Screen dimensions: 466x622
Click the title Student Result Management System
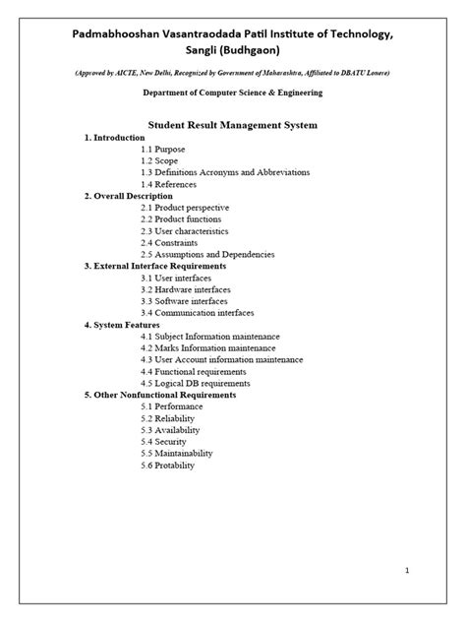(232, 126)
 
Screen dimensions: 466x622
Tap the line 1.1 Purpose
(163, 149)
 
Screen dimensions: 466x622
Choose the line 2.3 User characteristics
(184, 231)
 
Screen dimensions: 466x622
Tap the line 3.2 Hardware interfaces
(186, 289)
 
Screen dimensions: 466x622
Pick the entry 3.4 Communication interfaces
(197, 313)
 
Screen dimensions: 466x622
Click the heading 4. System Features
(124, 325)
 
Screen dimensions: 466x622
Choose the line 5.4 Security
(163, 442)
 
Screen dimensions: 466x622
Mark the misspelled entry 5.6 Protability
(169, 465)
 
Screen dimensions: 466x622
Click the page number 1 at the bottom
(434, 571)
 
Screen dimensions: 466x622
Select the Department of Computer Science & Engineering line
(232, 93)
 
